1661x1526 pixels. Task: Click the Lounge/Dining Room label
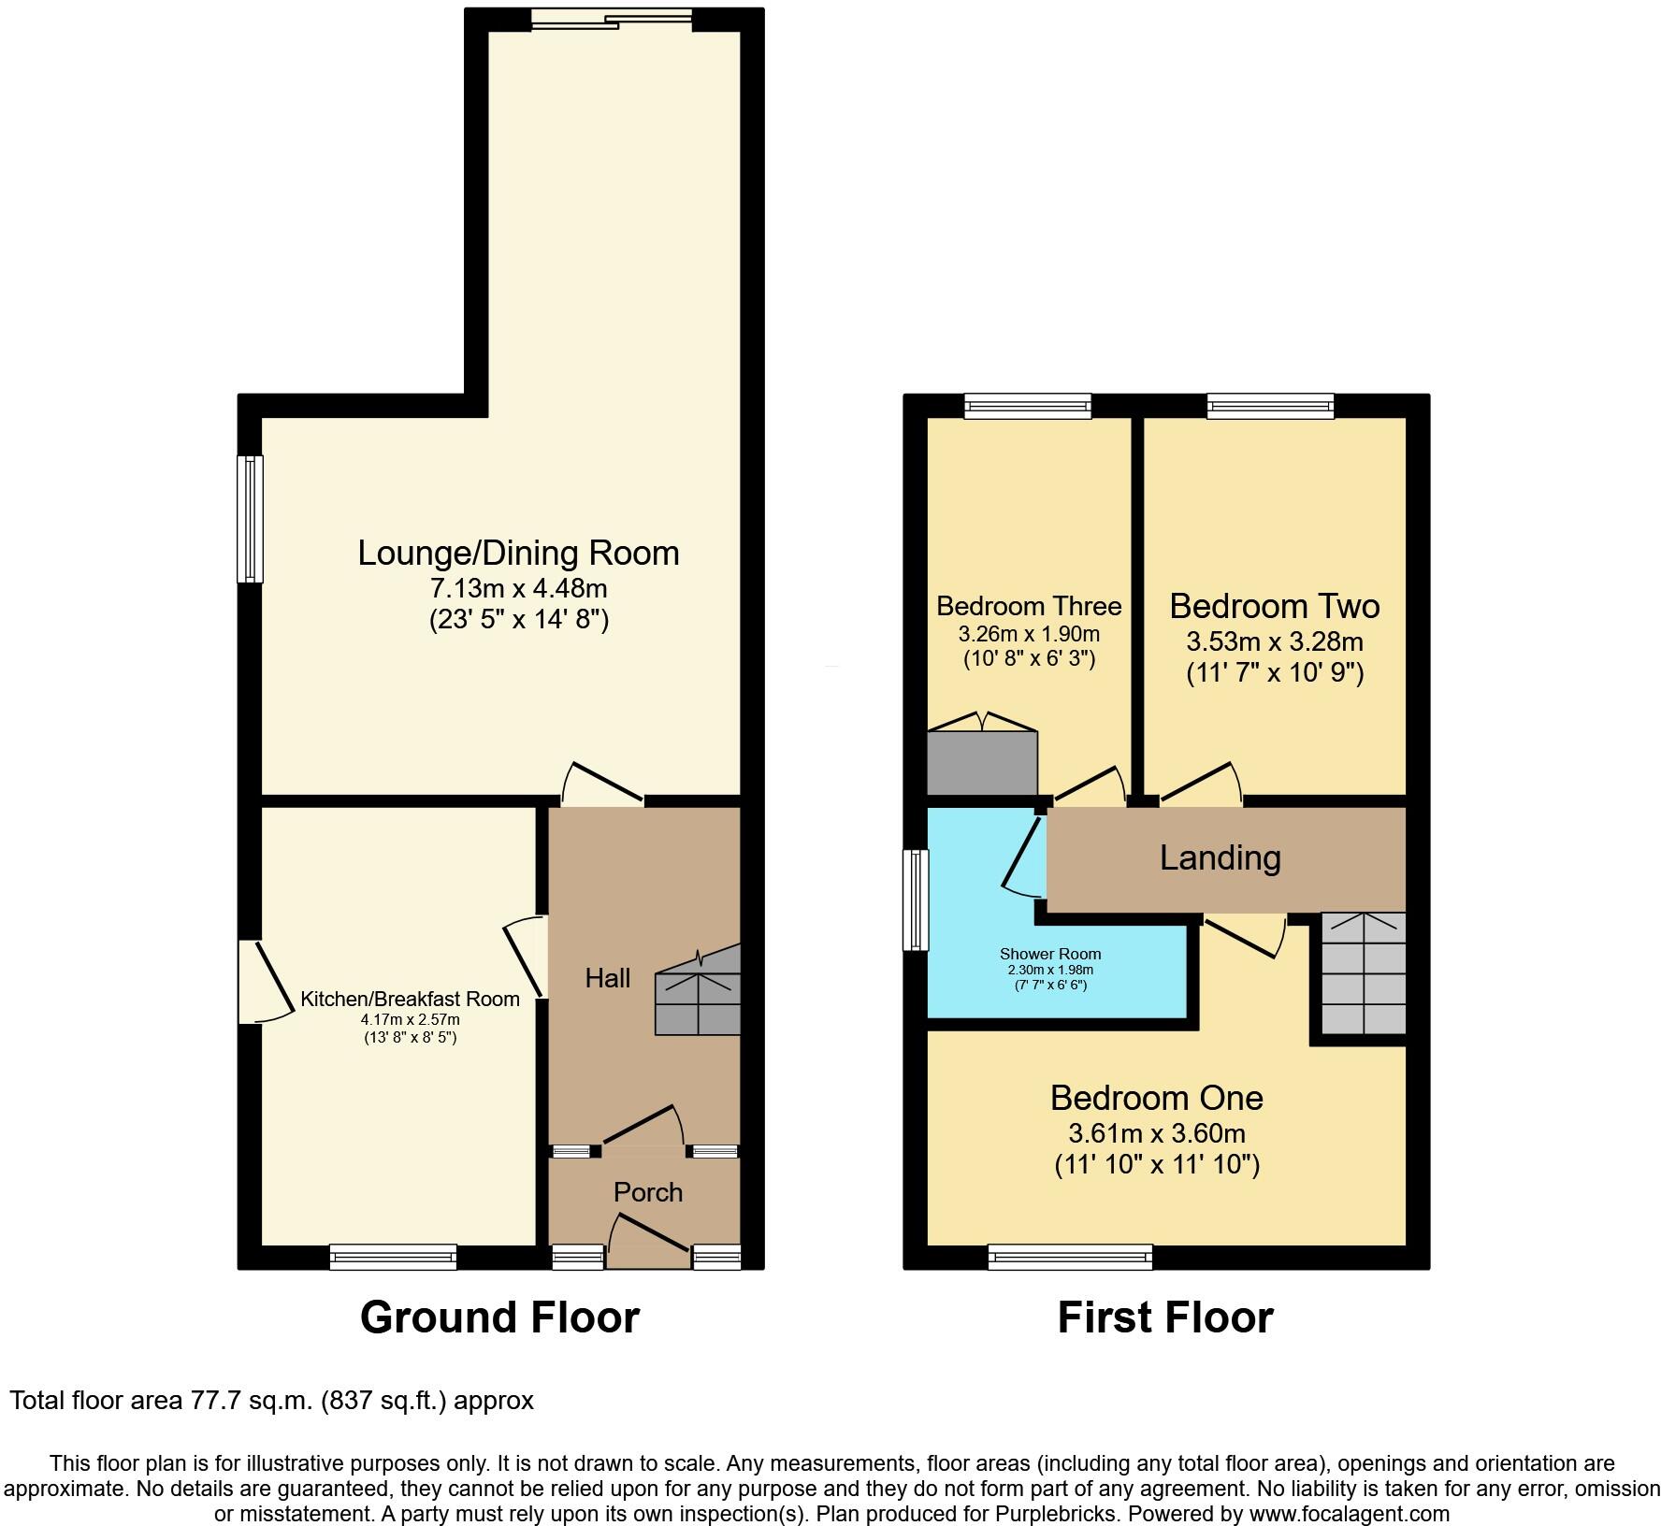tap(518, 553)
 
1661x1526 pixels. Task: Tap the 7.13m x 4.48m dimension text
tap(518, 589)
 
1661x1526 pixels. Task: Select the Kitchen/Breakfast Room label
tap(410, 999)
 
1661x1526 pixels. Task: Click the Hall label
tap(608, 978)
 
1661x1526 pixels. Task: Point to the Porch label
tap(648, 1192)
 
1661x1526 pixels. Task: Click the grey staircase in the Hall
tap(698, 1002)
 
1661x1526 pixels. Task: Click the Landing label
tap(1220, 857)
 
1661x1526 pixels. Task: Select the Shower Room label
tap(1050, 954)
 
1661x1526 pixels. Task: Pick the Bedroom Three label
tap(1029, 606)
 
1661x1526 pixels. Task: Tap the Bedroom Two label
tap(1274, 606)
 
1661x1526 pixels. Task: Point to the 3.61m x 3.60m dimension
tap(1157, 1133)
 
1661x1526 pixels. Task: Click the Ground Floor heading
tap(499, 1317)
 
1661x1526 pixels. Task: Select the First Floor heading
tap(1164, 1317)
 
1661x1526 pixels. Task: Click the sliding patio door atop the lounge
tap(613, 20)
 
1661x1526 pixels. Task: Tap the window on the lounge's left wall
tap(250, 518)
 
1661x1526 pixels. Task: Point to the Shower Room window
tap(916, 900)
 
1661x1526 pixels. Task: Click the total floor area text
tap(271, 1400)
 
